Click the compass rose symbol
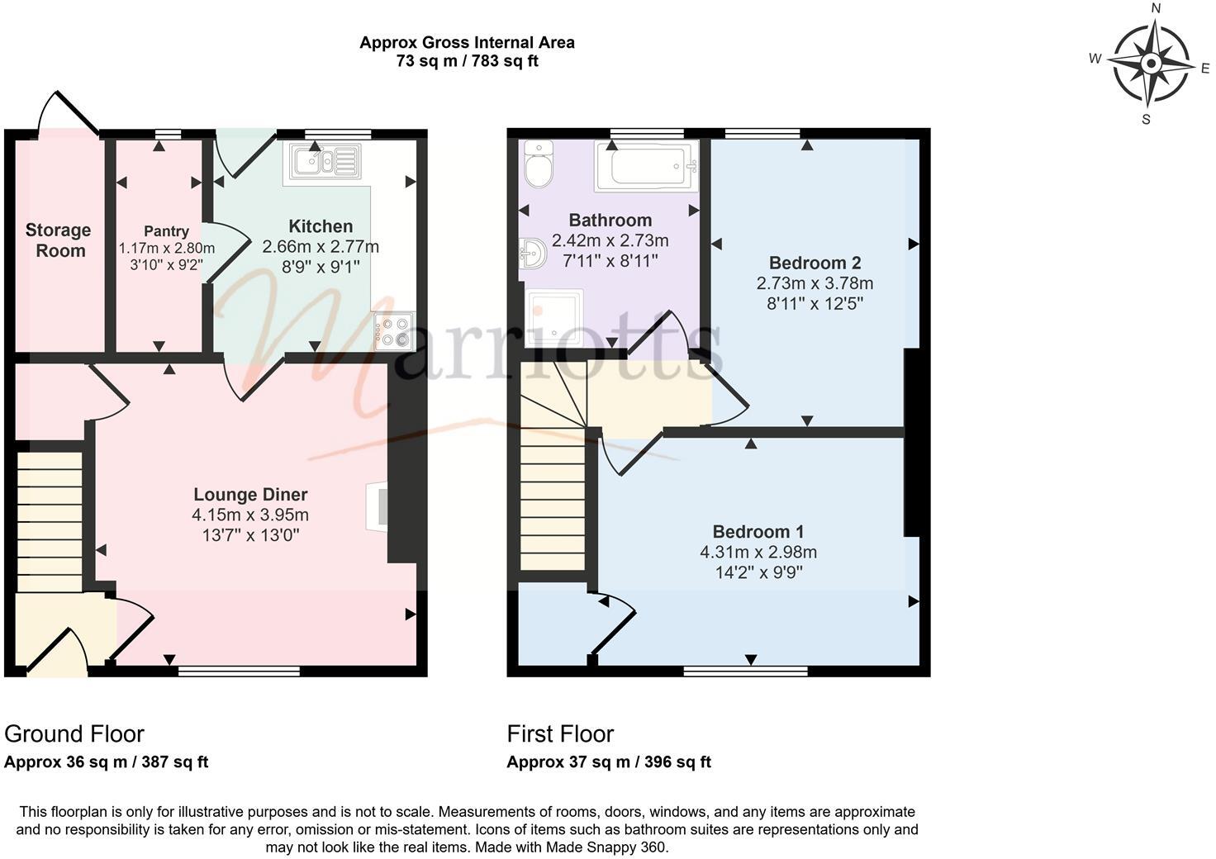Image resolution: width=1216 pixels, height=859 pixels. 1150,64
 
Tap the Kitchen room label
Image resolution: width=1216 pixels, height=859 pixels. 321,226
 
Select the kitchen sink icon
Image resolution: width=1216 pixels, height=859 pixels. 322,163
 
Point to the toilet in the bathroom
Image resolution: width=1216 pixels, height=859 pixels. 539,164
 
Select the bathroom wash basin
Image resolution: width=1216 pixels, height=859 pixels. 530,252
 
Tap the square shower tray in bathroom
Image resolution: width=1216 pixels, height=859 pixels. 554,317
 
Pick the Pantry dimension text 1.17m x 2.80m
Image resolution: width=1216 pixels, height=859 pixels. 166,248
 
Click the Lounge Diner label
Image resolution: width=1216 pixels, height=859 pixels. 250,495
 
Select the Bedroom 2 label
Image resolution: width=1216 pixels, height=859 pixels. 815,263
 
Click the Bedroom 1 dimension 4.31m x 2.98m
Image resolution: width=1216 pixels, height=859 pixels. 758,552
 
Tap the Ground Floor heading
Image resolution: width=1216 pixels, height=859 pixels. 74,733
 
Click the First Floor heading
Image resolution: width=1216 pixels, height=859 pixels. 560,733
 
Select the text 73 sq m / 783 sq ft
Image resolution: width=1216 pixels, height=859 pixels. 467,61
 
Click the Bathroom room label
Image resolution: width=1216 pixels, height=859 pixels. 610,221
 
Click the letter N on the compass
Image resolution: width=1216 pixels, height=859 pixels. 1156,9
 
